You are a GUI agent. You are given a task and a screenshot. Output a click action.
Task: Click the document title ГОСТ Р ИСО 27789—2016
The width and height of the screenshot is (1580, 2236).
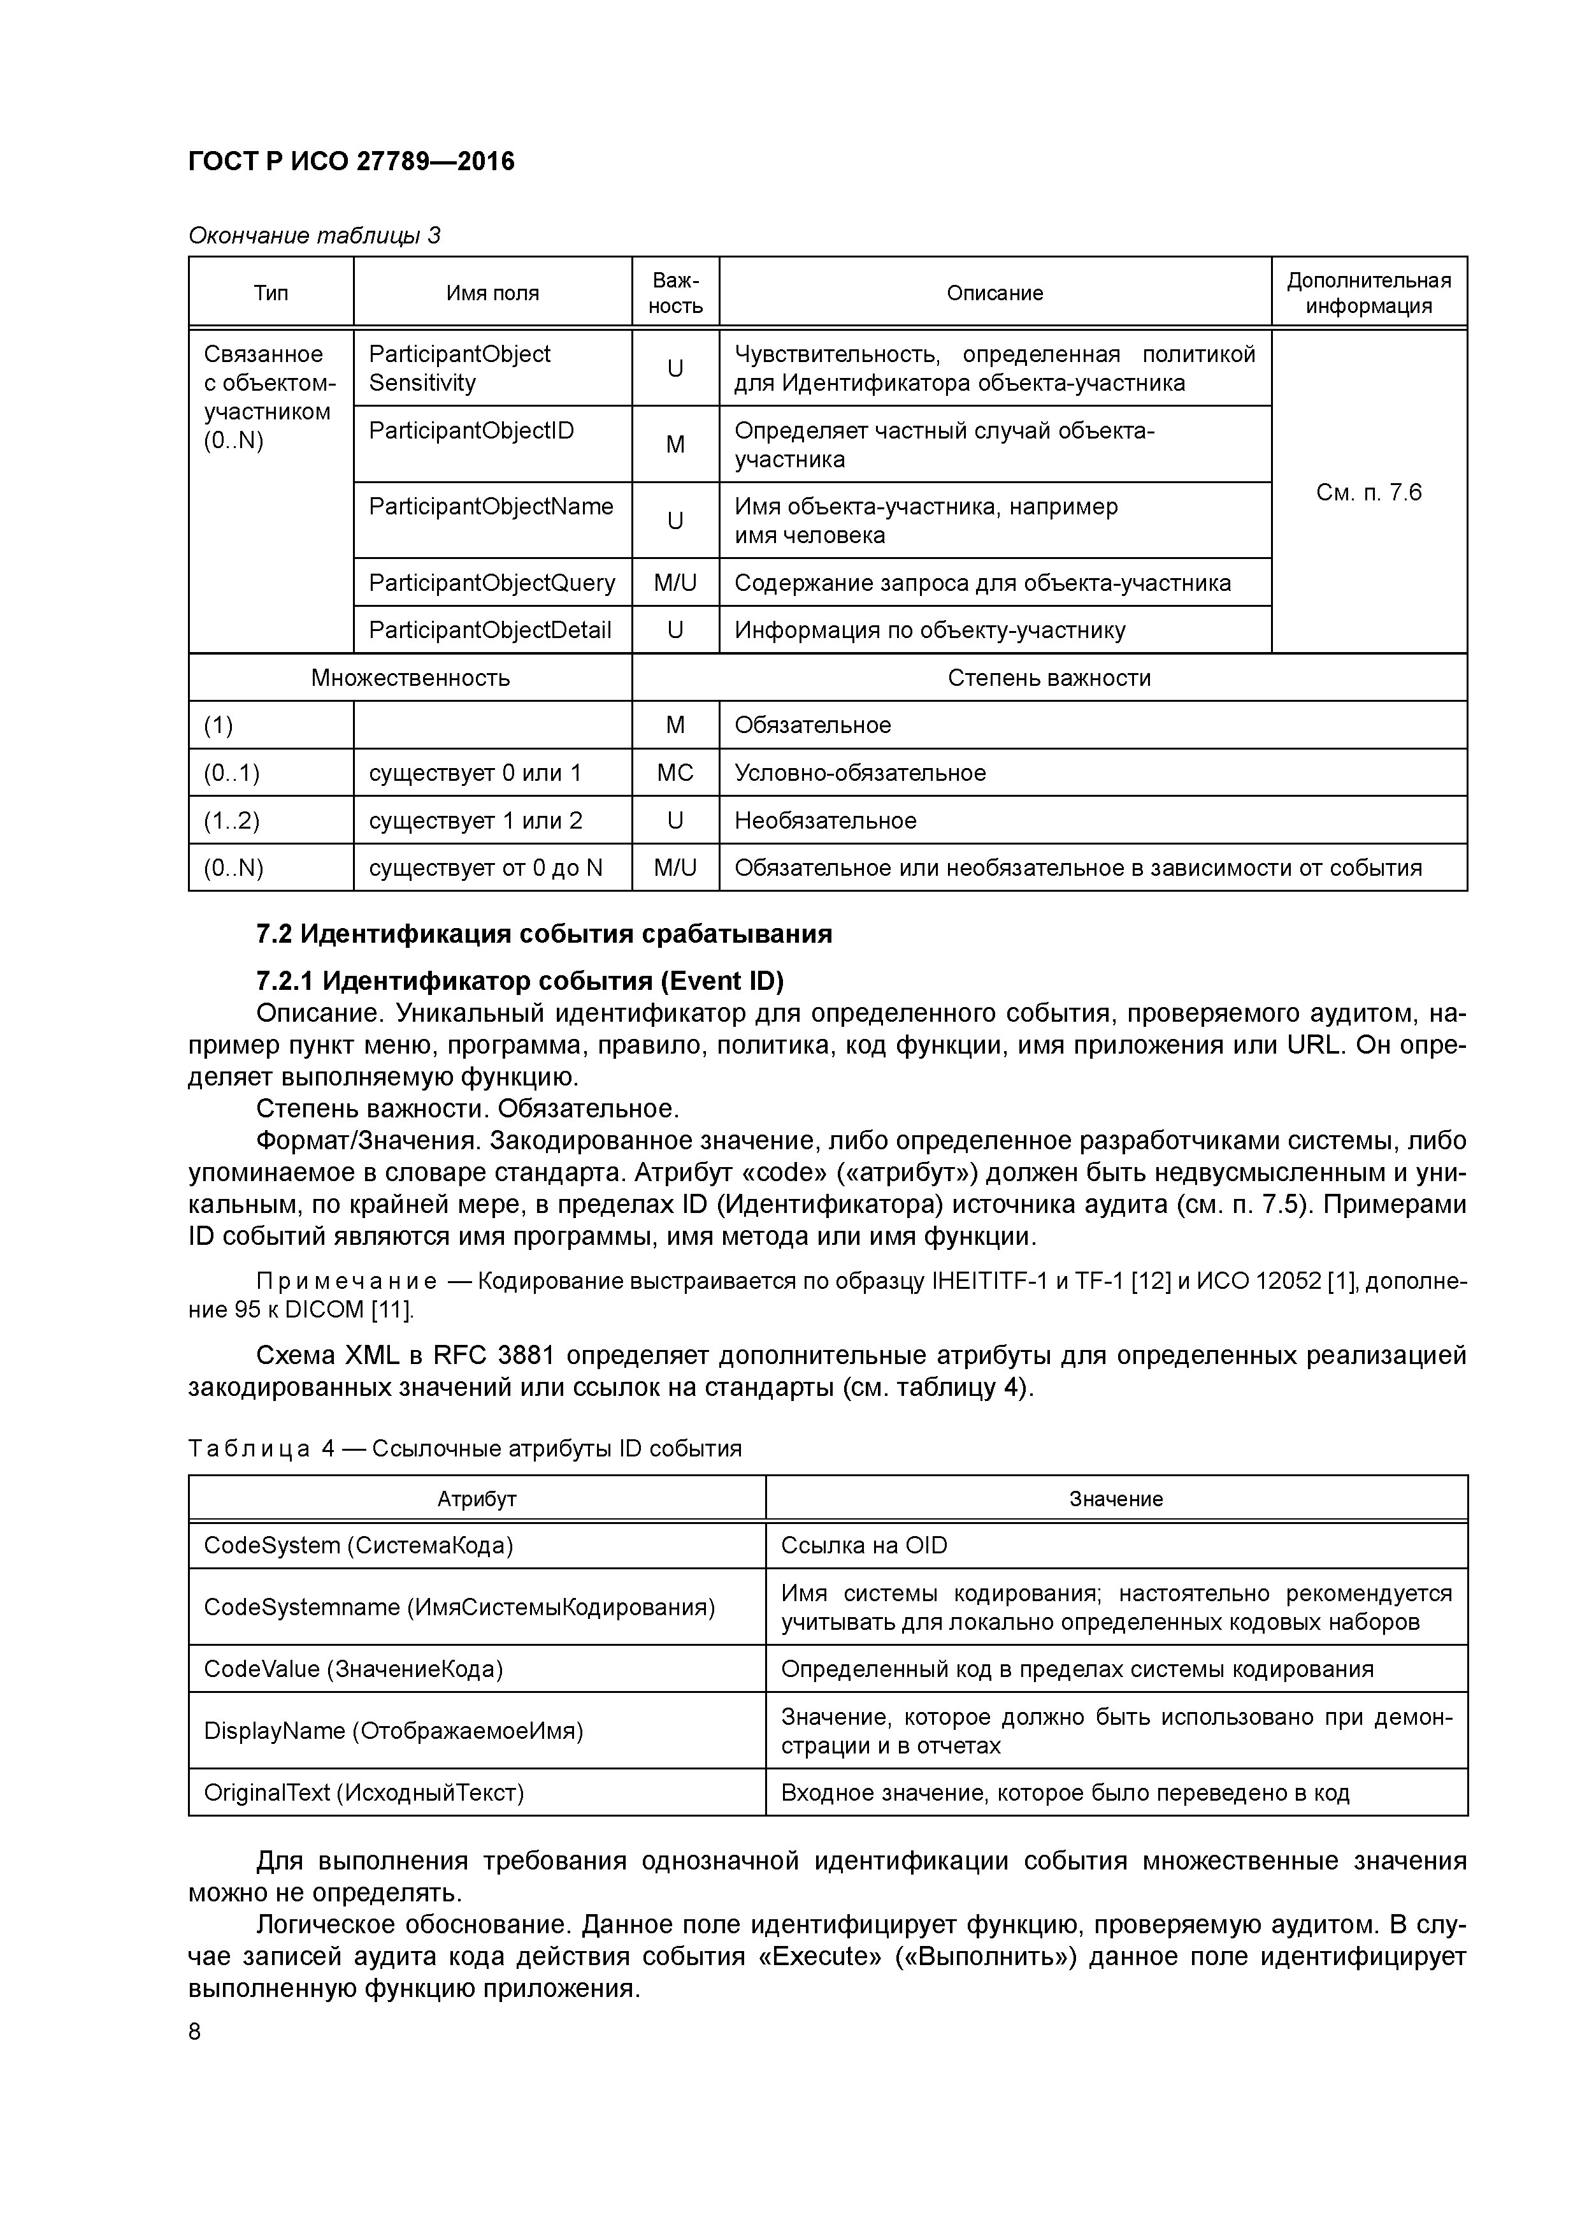[350, 161]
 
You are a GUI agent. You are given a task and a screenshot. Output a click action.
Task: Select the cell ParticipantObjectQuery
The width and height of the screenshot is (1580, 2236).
[492, 583]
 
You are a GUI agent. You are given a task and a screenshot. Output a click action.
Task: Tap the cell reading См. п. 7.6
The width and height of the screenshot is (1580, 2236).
[1368, 492]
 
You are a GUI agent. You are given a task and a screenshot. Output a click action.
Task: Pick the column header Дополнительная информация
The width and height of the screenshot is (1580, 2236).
[1368, 292]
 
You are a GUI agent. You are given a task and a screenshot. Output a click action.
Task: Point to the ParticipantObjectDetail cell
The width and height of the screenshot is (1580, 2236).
[490, 630]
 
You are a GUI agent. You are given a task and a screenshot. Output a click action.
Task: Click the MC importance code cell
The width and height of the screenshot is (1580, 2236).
[675, 773]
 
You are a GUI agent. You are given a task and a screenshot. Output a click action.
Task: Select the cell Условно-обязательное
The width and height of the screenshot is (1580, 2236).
[859, 773]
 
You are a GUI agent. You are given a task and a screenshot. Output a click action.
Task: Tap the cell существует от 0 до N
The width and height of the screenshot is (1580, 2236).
[485, 867]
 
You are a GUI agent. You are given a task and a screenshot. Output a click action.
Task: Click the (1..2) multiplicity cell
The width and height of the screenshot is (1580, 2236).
[232, 820]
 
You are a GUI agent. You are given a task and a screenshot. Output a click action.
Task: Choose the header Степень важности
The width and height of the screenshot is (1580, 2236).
[1049, 677]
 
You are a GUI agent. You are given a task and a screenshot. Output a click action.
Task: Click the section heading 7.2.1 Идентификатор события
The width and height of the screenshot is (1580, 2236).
[519, 980]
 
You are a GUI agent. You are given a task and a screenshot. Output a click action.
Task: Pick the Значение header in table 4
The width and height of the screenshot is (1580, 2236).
[1116, 1498]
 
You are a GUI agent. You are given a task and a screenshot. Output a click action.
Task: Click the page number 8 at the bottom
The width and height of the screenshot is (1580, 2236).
[195, 2031]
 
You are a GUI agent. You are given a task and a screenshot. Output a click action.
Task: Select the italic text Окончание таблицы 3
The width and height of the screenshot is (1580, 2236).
[313, 235]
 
